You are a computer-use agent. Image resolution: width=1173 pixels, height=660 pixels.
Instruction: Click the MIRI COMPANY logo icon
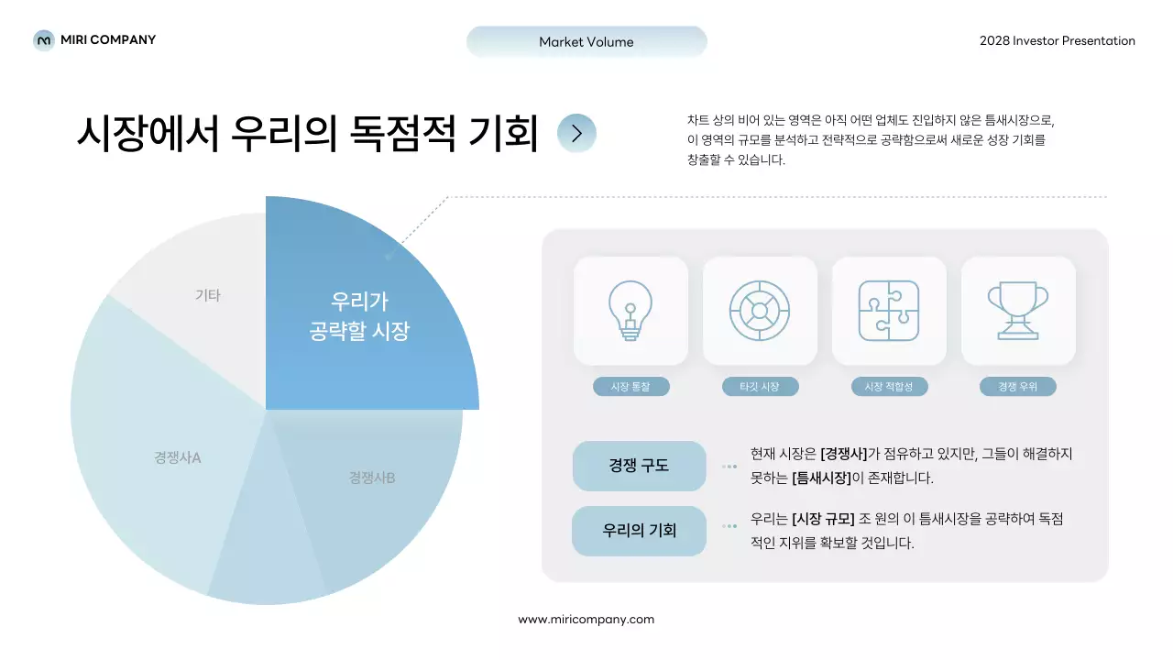coord(43,40)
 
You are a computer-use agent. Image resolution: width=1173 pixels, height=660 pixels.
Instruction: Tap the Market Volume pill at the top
coord(586,41)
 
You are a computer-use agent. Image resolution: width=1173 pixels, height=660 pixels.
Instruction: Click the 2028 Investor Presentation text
coord(1057,40)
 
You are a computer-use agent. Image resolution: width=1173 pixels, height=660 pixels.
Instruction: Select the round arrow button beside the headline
coord(576,133)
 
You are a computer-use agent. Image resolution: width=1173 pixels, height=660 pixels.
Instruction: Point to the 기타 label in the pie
coord(208,295)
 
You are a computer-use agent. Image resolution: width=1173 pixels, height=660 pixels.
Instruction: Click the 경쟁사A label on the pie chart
coord(177,457)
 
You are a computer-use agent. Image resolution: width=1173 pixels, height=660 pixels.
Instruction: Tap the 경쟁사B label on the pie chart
coord(372,478)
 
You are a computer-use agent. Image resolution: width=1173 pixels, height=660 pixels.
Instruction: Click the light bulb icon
coord(630,311)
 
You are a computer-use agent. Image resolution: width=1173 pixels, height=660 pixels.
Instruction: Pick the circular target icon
coord(760,311)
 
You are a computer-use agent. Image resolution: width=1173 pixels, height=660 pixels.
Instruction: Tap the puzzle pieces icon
coord(889,311)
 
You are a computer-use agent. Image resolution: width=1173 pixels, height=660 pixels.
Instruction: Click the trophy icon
coord(1017,311)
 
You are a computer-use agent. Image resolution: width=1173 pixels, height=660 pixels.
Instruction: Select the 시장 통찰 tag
coord(630,387)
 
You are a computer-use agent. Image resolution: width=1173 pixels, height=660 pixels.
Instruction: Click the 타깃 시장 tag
coord(760,387)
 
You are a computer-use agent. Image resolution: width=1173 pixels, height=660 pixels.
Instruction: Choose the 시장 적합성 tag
coord(889,387)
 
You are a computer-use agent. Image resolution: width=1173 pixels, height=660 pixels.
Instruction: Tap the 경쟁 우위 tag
coord(1017,387)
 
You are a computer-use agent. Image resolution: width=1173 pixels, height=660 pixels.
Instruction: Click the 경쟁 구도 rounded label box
coord(639,466)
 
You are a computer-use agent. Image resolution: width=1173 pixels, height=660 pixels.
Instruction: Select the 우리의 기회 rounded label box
coord(639,531)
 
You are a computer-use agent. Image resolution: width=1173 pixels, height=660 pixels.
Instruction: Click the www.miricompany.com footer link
coord(586,619)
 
